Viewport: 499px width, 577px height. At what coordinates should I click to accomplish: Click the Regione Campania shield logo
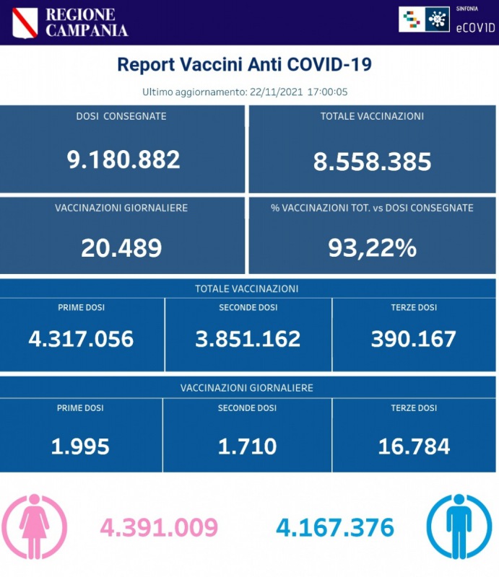point(25,23)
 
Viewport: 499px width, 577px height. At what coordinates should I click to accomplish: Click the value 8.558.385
point(372,161)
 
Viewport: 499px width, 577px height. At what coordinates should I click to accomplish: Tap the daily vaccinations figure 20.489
point(121,247)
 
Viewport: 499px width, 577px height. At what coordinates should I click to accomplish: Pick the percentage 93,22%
point(372,247)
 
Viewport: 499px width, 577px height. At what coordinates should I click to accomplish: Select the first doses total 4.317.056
point(82,338)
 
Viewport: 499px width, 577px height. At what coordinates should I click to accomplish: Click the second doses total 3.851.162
point(248,338)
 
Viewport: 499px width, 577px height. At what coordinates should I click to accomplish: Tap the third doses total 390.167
point(414,338)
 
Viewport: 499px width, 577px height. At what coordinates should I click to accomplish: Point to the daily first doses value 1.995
point(80,446)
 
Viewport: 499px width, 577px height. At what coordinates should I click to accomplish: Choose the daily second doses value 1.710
point(247,446)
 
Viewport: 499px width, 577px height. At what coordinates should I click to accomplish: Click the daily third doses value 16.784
point(414,446)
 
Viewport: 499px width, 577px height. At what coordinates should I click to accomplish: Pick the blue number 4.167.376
point(335,528)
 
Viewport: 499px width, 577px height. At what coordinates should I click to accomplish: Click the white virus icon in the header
point(435,19)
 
